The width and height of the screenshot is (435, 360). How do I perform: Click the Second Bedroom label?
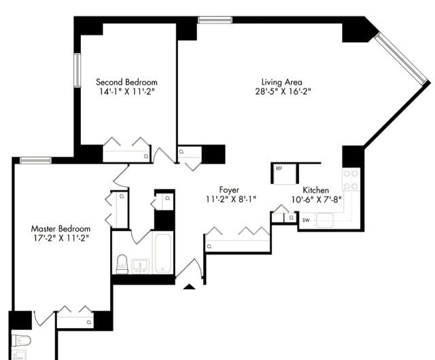[126, 82]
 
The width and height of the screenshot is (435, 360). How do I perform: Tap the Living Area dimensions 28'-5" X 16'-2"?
[283, 92]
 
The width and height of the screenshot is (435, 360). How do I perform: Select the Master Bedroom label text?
[60, 229]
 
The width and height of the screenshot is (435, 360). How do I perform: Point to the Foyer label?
[229, 190]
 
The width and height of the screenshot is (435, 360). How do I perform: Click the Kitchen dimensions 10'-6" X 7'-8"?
[316, 200]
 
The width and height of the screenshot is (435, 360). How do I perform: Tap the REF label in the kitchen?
[279, 168]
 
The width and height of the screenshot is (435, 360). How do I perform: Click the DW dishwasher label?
[306, 221]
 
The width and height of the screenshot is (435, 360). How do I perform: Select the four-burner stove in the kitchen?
[351, 180]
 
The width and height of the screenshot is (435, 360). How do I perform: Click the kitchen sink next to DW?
[325, 220]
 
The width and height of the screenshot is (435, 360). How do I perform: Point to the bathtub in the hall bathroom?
[163, 253]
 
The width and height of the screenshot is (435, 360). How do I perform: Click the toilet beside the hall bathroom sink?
[122, 264]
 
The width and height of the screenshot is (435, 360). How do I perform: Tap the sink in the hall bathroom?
[140, 266]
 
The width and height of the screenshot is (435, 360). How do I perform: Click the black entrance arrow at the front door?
[189, 287]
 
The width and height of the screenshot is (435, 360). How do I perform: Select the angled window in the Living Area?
[401, 59]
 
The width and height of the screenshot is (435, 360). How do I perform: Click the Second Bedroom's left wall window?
[77, 70]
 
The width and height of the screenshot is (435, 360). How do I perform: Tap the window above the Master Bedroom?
[36, 160]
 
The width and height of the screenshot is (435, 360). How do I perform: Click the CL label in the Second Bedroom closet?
[146, 156]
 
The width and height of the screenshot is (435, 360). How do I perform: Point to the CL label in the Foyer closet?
[209, 247]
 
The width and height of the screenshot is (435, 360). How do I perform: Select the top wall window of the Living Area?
[215, 20]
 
